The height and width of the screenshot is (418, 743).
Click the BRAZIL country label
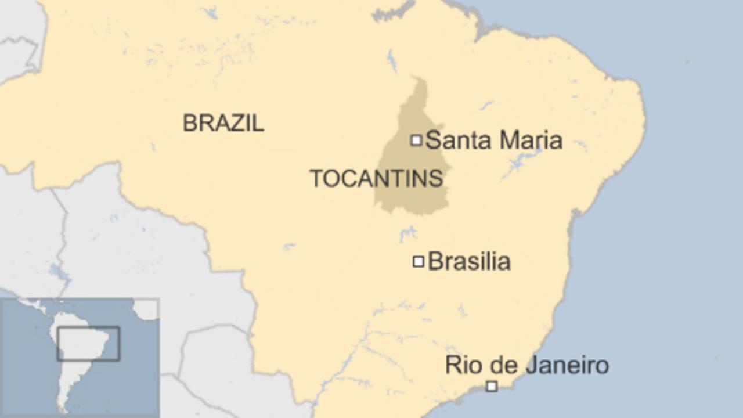coord(223,123)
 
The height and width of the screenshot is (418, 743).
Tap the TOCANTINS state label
coord(376,178)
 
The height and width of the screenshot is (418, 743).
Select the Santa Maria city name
coord(494,140)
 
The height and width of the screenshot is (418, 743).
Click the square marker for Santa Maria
coord(416,140)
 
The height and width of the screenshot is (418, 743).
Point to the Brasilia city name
coord(469,262)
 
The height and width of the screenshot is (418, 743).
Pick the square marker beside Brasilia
coord(418,262)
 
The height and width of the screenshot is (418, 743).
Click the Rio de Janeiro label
coord(526,366)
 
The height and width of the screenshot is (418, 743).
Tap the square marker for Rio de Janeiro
coord(492,386)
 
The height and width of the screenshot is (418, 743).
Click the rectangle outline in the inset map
coord(88,343)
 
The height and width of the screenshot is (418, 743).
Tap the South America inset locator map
coord(80,358)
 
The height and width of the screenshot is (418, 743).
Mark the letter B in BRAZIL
coord(189,123)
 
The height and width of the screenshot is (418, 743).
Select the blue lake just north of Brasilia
coord(408,233)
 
